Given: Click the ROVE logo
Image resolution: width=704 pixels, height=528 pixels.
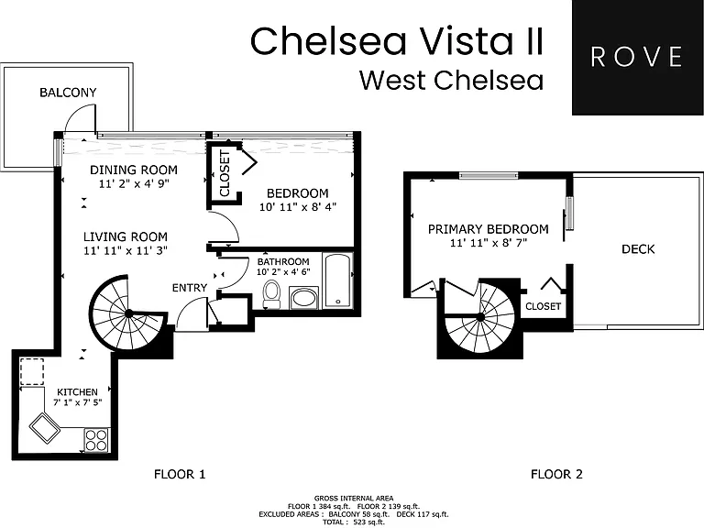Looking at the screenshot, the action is point(638,58).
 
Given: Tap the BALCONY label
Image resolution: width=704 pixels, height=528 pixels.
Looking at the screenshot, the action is point(68,93).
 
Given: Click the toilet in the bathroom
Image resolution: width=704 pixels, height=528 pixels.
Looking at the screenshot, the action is point(271,294).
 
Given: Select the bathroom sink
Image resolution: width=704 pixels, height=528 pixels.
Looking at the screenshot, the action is point(304,298).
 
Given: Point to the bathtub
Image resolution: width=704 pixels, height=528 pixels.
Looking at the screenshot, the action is point(337,280).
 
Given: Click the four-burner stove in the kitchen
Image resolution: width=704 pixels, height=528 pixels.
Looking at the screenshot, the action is point(96,440).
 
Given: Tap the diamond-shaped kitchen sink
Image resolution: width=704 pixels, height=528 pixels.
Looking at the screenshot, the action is point(44,428).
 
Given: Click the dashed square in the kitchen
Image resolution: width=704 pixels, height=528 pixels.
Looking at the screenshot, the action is point(32,371).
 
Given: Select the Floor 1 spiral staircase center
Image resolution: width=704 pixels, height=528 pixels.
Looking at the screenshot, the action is point(129,313).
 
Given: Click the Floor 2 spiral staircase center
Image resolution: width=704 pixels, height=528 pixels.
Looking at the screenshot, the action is point(480,317).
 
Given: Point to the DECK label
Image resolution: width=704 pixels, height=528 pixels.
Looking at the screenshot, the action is point(638,249).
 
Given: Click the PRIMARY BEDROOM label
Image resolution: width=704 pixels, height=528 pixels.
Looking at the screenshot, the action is point(488,229).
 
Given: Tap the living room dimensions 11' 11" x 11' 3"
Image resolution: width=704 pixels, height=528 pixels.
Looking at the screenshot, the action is point(126,250).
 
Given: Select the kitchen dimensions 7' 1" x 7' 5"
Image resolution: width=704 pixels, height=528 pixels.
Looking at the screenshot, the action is point(78,402).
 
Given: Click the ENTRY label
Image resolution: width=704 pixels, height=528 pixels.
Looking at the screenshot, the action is point(190,288).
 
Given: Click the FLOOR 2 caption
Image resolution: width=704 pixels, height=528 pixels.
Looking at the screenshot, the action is point(556,474).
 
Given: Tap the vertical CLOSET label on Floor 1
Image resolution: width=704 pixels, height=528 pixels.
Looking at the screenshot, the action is point(225,173).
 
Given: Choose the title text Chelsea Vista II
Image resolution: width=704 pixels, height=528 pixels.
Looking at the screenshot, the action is point(397,41).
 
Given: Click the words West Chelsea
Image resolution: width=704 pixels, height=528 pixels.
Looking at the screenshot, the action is point(451,81).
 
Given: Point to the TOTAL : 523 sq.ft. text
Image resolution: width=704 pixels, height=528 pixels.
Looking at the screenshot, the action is point(354,522).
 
